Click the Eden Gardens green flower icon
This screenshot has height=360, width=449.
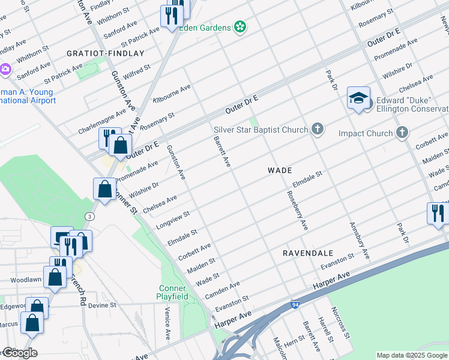[240, 27]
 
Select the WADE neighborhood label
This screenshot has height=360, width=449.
[280, 170]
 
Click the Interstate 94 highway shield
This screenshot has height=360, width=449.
[295, 305]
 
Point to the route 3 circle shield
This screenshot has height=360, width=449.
[89, 216]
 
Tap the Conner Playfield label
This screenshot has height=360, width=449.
[173, 293]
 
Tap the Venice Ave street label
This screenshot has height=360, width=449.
[167, 322]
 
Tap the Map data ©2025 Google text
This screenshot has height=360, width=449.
[412, 355]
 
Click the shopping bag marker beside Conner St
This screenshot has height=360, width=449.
[105, 189]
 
